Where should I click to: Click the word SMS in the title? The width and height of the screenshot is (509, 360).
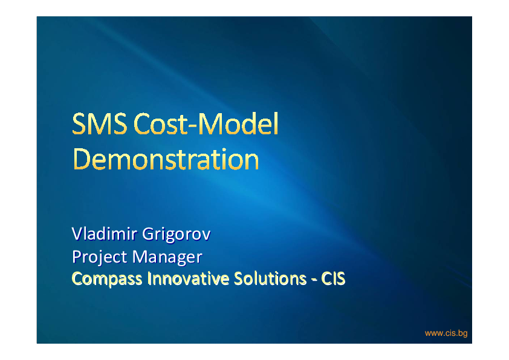(x=99, y=123)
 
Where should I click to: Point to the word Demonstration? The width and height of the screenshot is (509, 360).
(x=166, y=159)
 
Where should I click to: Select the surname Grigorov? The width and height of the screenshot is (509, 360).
(x=177, y=235)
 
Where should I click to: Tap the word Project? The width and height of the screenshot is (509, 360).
(x=100, y=257)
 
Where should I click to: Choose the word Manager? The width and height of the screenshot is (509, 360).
(x=167, y=257)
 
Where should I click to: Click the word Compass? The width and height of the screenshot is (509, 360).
(x=107, y=279)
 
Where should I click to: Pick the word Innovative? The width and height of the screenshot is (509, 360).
(x=188, y=278)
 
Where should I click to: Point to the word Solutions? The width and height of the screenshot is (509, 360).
(x=270, y=278)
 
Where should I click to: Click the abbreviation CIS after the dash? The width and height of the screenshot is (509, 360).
(x=333, y=278)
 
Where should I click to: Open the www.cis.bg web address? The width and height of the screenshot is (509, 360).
(x=446, y=333)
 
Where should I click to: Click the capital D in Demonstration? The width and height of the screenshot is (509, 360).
(x=81, y=159)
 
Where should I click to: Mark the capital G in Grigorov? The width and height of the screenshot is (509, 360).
(x=148, y=234)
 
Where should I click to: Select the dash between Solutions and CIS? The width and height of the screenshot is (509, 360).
(x=314, y=280)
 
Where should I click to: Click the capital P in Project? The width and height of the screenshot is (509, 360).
(x=77, y=257)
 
